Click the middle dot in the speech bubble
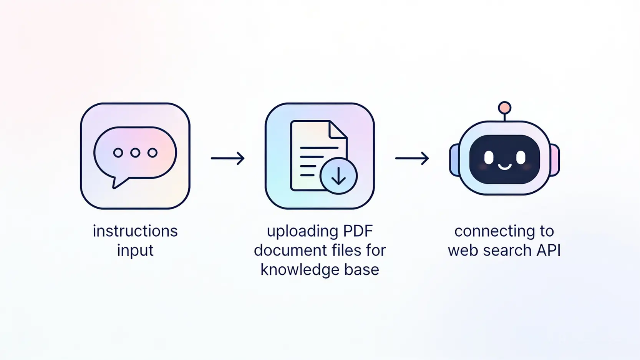tap(135, 153)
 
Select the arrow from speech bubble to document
tap(228, 158)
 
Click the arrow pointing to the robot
tap(412, 158)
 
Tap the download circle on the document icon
tap(338, 176)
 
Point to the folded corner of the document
tap(338, 129)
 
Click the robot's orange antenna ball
tap(504, 108)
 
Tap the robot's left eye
tap(489, 157)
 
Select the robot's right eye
tap(521, 157)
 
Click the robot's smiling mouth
tap(505, 167)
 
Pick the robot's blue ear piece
tap(454, 160)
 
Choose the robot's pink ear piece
tap(555, 160)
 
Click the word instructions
tap(135, 231)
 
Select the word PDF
tap(358, 231)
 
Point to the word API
tap(548, 250)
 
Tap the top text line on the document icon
tap(319, 148)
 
